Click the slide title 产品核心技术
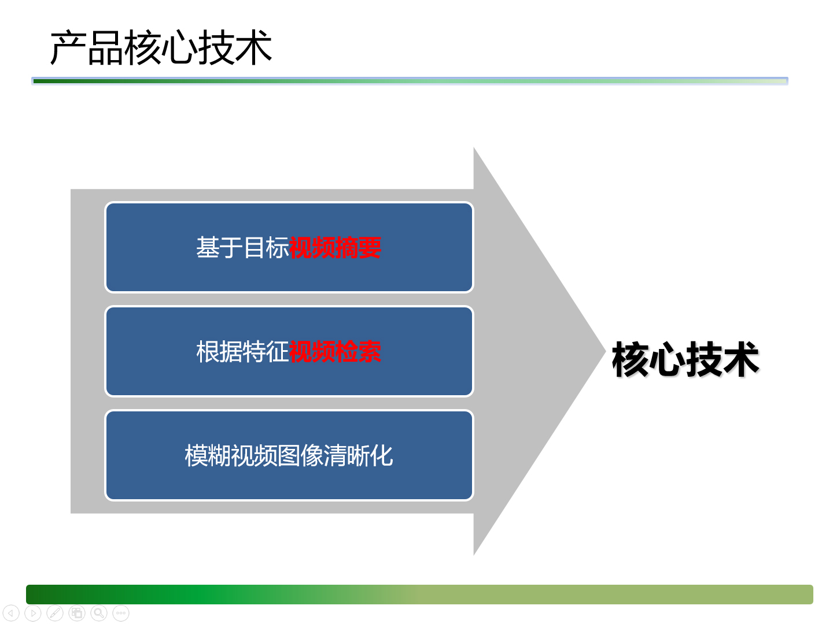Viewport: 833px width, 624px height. pyautogui.click(x=161, y=48)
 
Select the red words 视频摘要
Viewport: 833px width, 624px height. pyautogui.click(x=335, y=247)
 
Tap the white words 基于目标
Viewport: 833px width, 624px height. pyautogui.click(x=242, y=247)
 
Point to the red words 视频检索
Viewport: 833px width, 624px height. pyautogui.click(x=335, y=352)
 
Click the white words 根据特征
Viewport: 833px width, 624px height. pyautogui.click(x=242, y=352)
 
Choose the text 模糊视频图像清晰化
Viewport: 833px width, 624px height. pyautogui.click(x=289, y=455)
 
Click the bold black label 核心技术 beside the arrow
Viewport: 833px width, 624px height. pyautogui.click(x=685, y=359)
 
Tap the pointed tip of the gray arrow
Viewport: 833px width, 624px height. pyautogui.click(x=605, y=351)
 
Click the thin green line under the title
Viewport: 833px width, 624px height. pyautogui.click(x=410, y=81)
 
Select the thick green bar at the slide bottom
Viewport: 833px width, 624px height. pyautogui.click(x=419, y=594)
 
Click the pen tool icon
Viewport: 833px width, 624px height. pyautogui.click(x=55, y=613)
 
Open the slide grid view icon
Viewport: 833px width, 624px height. pyautogui.click(x=77, y=613)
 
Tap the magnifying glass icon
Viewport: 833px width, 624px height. pyautogui.click(x=99, y=613)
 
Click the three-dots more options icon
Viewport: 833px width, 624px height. pyautogui.click(x=121, y=613)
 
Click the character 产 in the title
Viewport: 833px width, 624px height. pyautogui.click(x=68, y=48)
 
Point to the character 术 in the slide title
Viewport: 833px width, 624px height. pyautogui.click(x=253, y=48)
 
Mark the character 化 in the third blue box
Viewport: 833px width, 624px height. pyautogui.click(x=381, y=455)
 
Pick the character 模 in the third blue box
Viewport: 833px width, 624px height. pyautogui.click(x=196, y=455)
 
